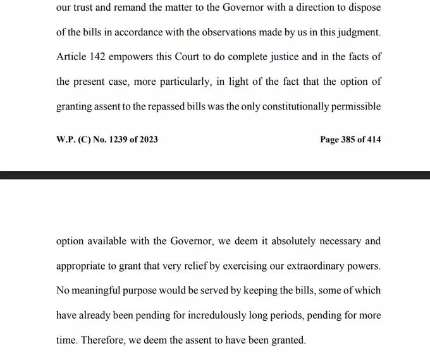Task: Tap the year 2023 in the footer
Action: click(x=147, y=139)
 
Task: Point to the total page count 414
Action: click(x=373, y=139)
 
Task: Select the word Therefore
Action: click(x=104, y=340)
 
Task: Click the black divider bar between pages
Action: click(x=215, y=174)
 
